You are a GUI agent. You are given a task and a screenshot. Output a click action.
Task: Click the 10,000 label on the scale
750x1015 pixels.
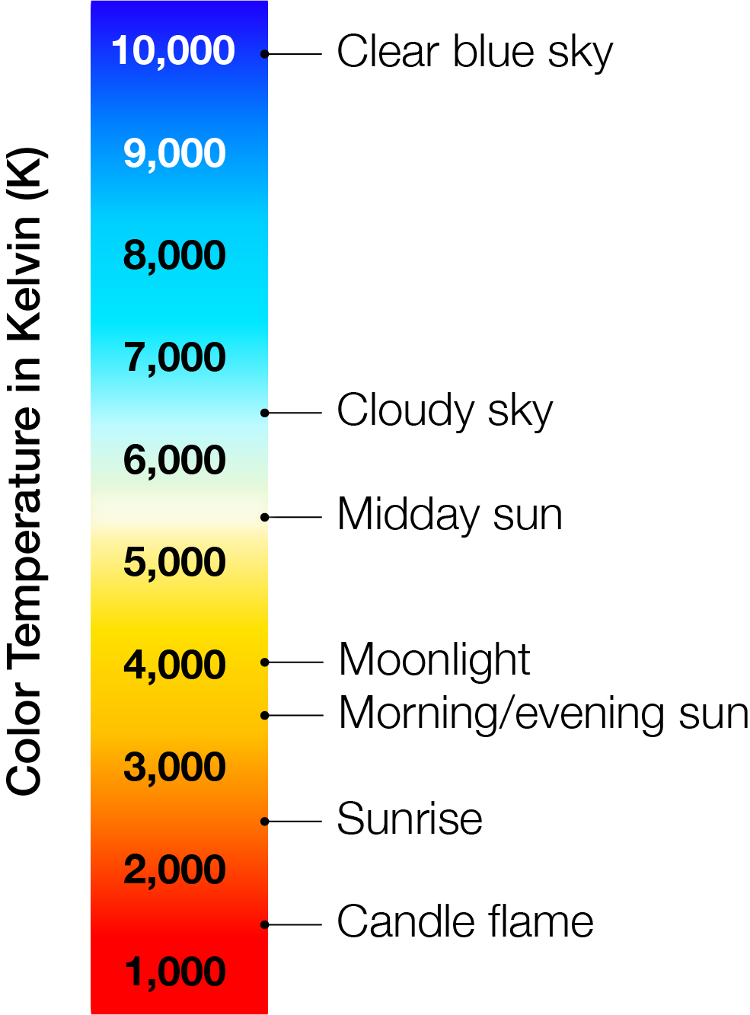coord(174,51)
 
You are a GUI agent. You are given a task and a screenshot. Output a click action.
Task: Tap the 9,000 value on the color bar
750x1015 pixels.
coord(174,154)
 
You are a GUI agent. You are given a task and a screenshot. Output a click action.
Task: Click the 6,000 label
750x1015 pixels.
coord(174,461)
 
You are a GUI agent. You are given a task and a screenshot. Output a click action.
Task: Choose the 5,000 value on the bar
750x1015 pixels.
coord(174,563)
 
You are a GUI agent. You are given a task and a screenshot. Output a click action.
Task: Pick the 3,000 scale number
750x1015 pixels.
coord(174,768)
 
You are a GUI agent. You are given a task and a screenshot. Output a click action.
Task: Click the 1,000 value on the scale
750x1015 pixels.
coord(175,973)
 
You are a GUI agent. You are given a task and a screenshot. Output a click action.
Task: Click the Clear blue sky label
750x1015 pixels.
coord(475,53)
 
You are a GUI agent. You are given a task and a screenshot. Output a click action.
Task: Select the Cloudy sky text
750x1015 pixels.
coord(445,411)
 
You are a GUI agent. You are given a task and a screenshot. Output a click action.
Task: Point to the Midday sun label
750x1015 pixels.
coord(449,515)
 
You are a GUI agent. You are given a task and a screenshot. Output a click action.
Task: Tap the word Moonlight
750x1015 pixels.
coord(434,660)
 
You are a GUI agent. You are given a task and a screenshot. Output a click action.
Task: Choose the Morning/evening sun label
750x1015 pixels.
coord(544,715)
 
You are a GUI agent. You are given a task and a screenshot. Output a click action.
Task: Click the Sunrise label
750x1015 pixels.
coord(410,819)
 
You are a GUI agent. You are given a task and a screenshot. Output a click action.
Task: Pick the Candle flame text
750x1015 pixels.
coord(465,923)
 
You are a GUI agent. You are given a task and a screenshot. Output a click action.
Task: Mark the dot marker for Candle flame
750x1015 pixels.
coord(264,925)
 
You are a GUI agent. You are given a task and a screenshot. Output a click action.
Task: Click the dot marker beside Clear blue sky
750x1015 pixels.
coord(264,54)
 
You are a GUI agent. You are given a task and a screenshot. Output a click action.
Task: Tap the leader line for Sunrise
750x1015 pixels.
coord(293,822)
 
